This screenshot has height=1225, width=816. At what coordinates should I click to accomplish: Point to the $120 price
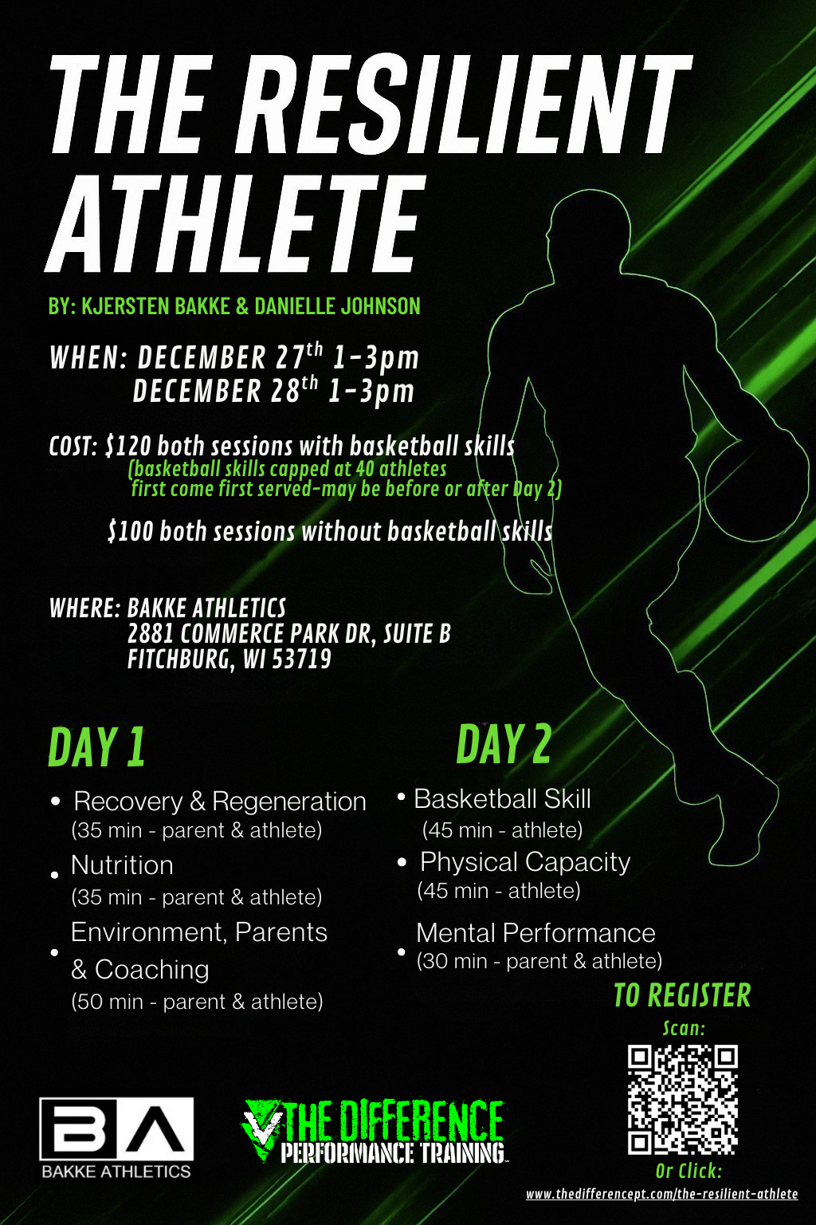pyautogui.click(x=129, y=446)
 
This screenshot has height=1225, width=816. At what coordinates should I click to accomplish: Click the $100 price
pyautogui.click(x=131, y=532)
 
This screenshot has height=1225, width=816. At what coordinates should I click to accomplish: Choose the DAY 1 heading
pyautogui.click(x=97, y=747)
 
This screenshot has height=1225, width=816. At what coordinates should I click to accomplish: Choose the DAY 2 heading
pyautogui.click(x=504, y=744)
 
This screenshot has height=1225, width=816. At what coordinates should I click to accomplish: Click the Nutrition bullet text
pyautogui.click(x=122, y=865)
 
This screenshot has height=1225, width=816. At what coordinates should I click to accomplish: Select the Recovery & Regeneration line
pyautogui.click(x=220, y=802)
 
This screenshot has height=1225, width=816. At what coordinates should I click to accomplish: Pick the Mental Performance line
pyautogui.click(x=535, y=933)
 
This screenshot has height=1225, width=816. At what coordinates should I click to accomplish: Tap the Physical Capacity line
pyautogui.click(x=525, y=862)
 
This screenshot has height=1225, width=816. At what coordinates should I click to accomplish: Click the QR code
pyautogui.click(x=683, y=1099)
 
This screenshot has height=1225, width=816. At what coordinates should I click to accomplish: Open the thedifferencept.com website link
pyautogui.click(x=661, y=1194)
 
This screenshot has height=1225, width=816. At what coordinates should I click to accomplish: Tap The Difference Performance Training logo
pyautogui.click(x=373, y=1131)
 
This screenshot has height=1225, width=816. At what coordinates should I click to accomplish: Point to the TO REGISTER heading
pyautogui.click(x=682, y=995)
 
